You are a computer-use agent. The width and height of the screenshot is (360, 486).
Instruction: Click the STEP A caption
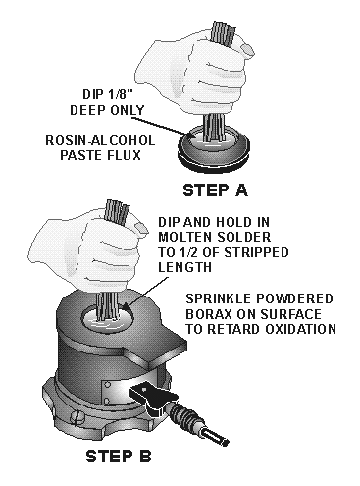tap(215, 190)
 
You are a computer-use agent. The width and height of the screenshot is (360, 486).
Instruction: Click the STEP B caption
tap(119, 456)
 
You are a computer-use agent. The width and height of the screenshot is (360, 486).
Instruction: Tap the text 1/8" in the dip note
tap(115, 94)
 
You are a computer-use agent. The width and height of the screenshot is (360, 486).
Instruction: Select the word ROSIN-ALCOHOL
tap(100, 140)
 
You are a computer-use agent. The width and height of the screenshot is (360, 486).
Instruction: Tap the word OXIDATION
tap(300, 329)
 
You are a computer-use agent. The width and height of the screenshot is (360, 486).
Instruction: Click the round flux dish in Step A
tap(214, 149)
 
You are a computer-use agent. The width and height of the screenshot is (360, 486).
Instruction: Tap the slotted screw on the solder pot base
tap(78, 417)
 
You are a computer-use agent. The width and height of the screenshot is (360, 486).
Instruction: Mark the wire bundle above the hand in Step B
tap(117, 213)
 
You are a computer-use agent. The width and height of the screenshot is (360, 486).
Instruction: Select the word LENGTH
tap(184, 267)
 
